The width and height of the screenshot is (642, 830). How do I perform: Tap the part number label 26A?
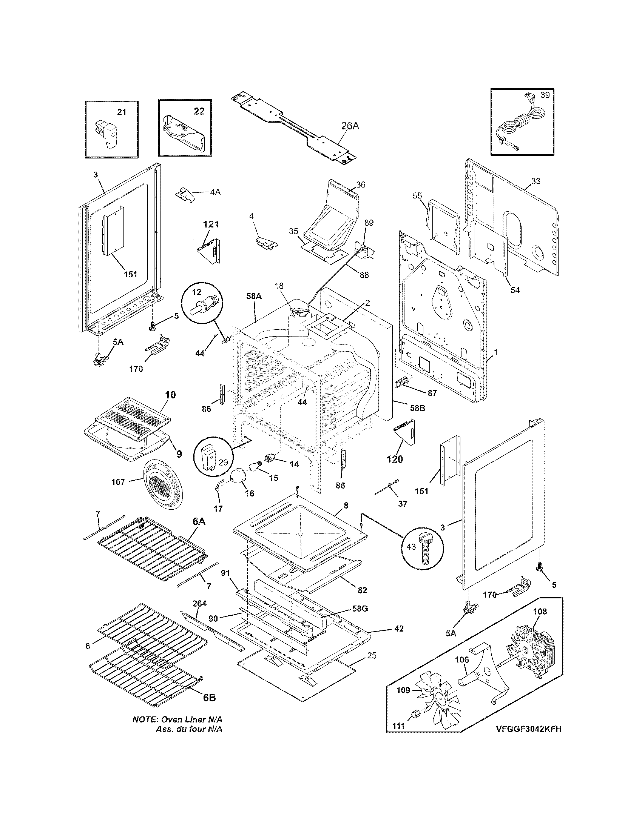click(x=350, y=126)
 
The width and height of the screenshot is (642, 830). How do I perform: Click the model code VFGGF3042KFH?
click(x=528, y=739)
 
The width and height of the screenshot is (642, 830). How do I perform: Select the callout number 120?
click(x=394, y=459)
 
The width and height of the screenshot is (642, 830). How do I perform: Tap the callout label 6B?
click(x=209, y=697)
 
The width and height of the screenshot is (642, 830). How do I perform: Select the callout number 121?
click(x=210, y=224)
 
